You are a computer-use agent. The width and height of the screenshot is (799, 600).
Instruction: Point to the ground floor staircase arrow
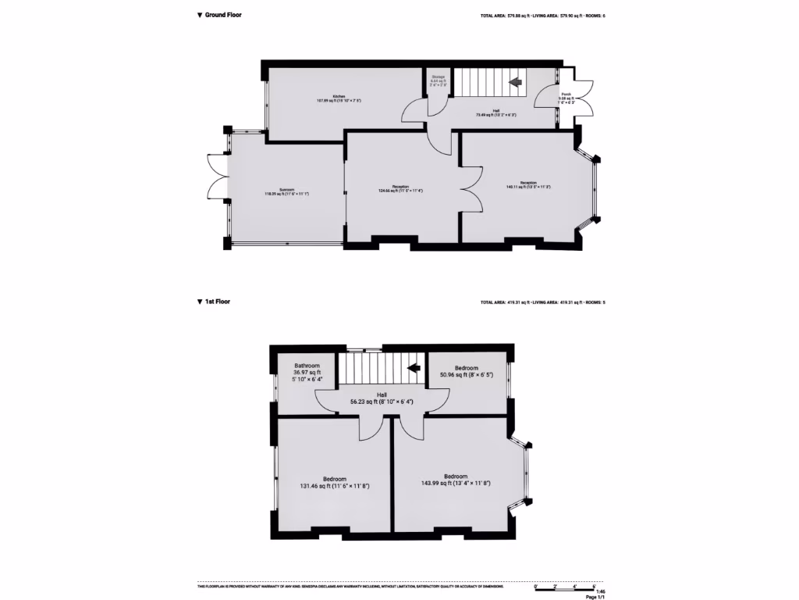(x=515, y=81)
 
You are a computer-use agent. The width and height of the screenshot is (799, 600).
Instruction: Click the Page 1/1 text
(x=595, y=597)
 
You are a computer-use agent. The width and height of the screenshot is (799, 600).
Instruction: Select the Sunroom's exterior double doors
(x=215, y=175)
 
